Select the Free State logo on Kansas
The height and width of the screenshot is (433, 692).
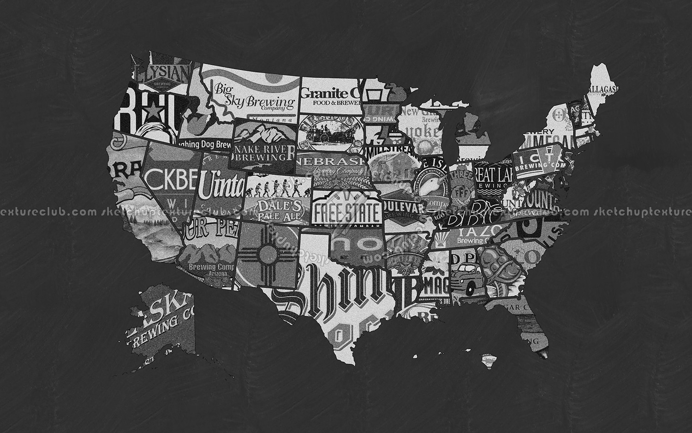[346, 210]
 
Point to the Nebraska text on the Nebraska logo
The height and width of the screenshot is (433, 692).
[331, 162]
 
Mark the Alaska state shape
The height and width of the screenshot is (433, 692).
[161, 319]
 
